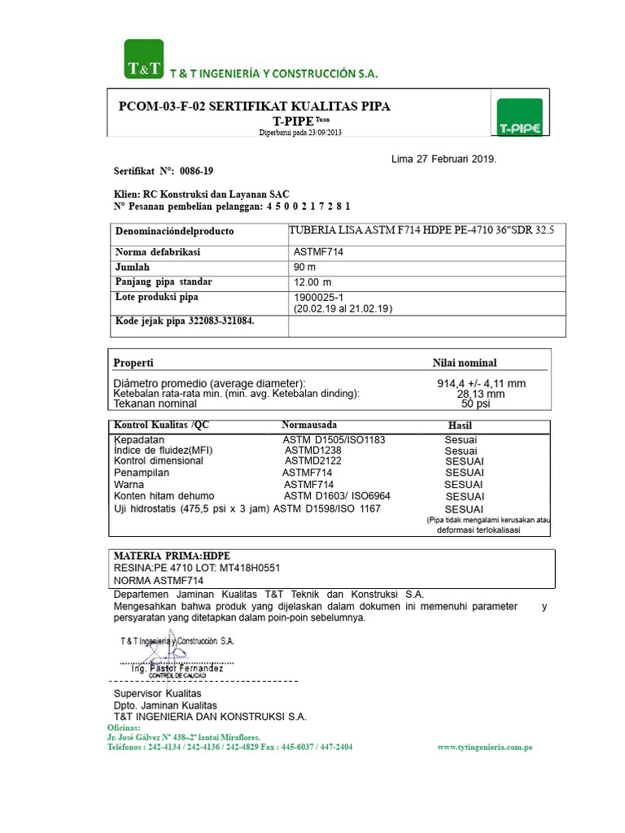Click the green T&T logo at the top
click(x=144, y=59)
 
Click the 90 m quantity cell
click(x=306, y=267)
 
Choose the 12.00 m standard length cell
click(x=312, y=282)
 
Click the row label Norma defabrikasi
click(x=158, y=252)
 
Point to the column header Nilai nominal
click(x=464, y=363)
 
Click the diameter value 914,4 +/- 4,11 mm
click(x=481, y=383)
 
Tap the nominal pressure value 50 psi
click(x=476, y=403)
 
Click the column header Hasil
click(x=460, y=425)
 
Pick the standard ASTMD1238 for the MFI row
click(x=312, y=450)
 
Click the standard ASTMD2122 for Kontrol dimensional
click(x=307, y=460)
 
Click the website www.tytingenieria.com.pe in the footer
click(x=485, y=747)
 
